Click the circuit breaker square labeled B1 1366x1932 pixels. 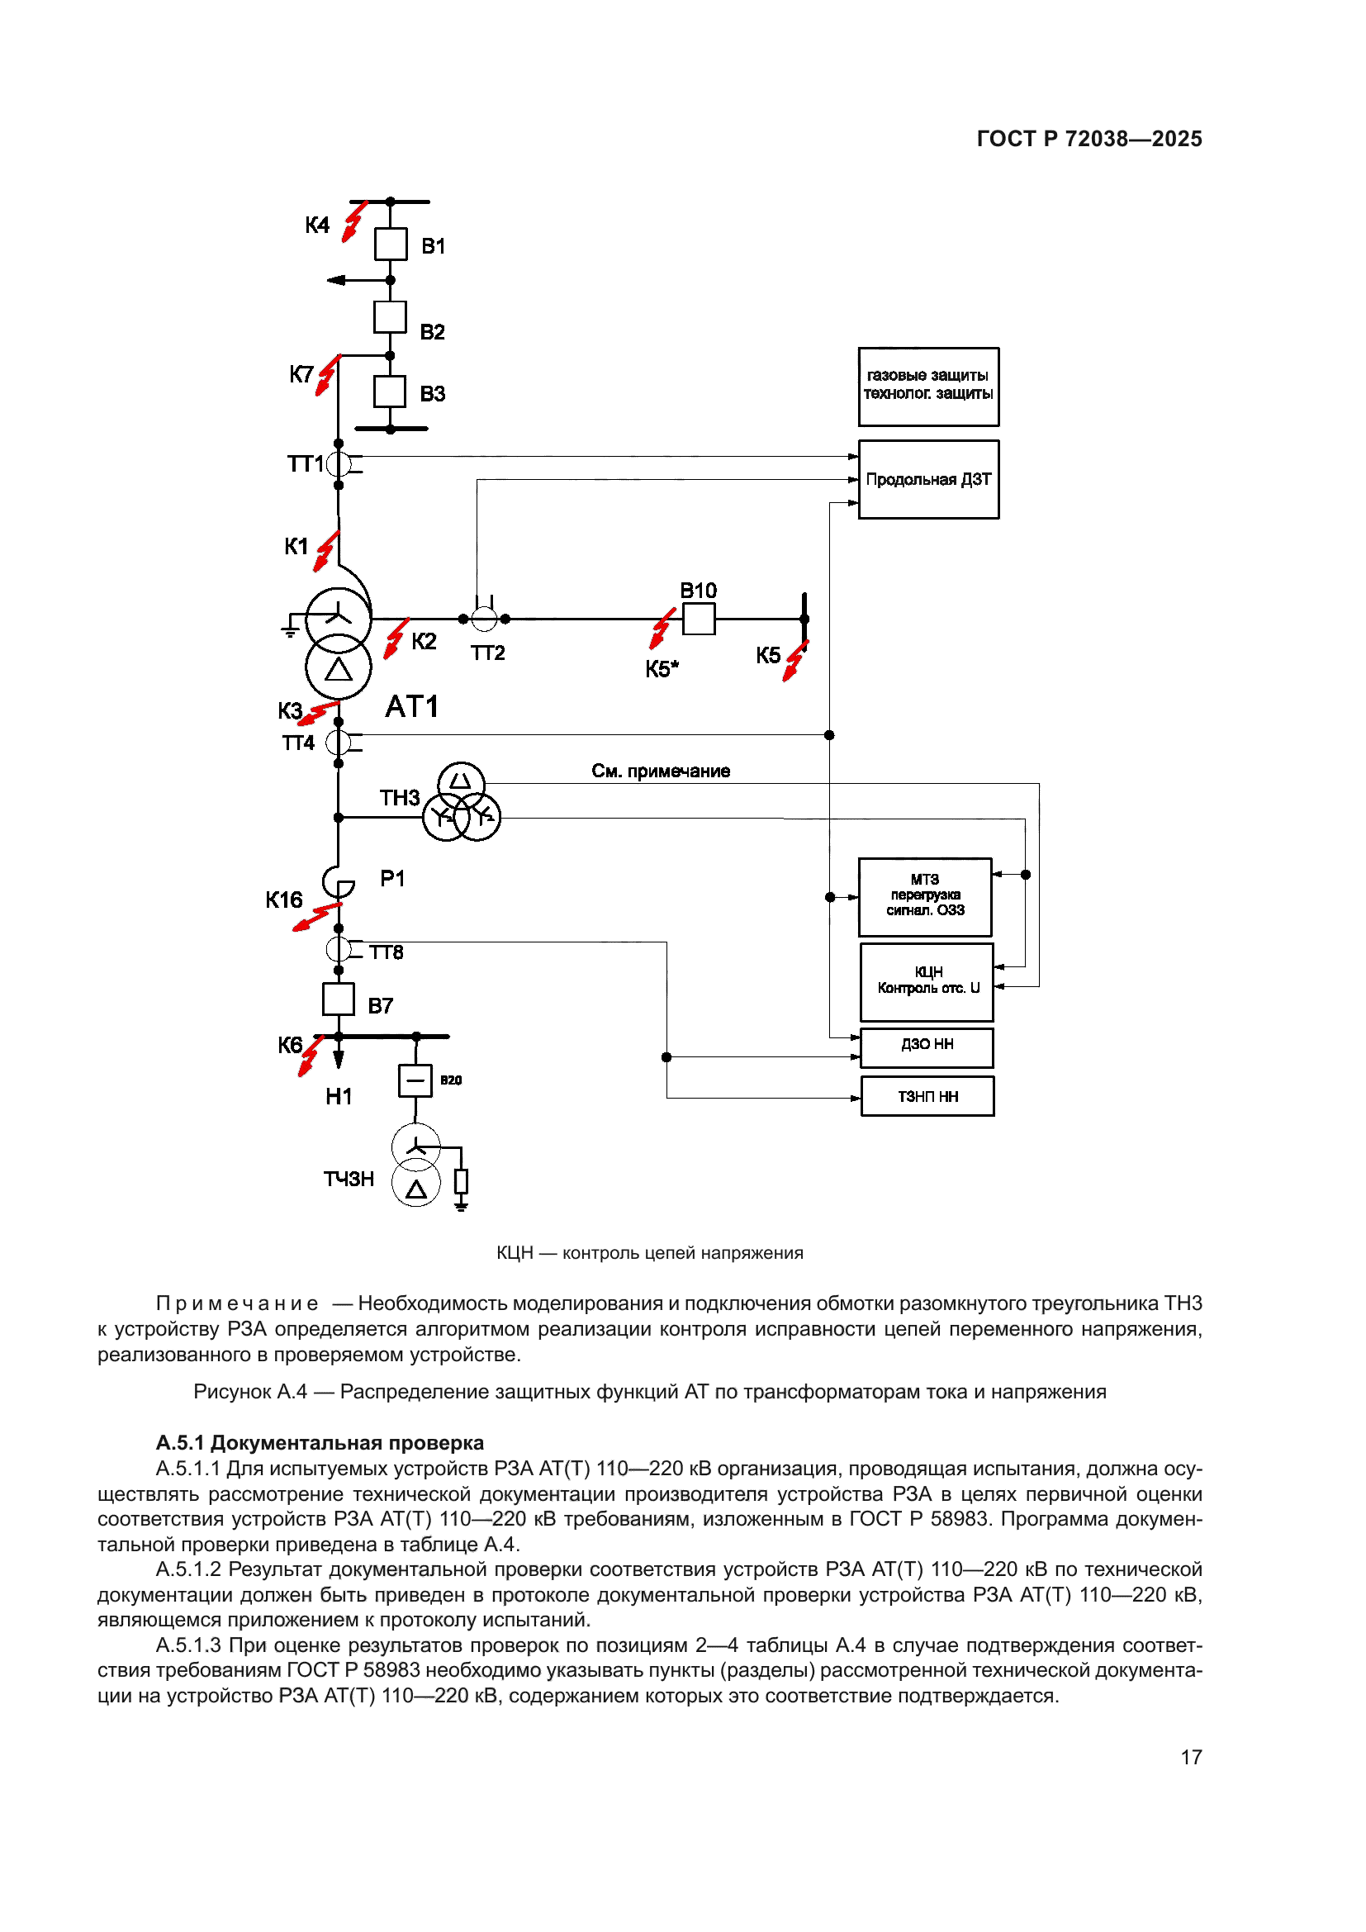pyautogui.click(x=391, y=244)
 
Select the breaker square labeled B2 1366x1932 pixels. pyautogui.click(x=390, y=317)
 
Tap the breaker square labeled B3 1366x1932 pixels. pyautogui.click(x=390, y=392)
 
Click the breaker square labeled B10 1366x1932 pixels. pyautogui.click(x=698, y=619)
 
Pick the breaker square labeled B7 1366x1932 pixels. pyautogui.click(x=338, y=999)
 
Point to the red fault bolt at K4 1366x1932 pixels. pyautogui.click(x=354, y=221)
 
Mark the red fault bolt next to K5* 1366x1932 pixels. pyautogui.click(x=662, y=629)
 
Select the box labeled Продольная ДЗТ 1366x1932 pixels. pyautogui.click(x=927, y=480)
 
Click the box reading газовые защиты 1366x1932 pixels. pyautogui.click(x=927, y=387)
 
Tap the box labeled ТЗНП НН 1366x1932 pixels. pyautogui.click(x=927, y=1095)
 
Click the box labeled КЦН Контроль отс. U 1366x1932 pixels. pyautogui.click(x=927, y=981)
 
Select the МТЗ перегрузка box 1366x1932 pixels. pyautogui.click(x=924, y=897)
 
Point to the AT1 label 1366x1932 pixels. pyautogui.click(x=412, y=707)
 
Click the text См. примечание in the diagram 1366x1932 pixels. pyautogui.click(x=661, y=771)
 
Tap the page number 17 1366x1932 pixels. pyautogui.click(x=1191, y=1757)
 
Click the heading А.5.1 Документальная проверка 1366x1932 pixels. pyautogui.click(x=320, y=1443)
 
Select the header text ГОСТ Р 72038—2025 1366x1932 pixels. pyautogui.click(x=1089, y=139)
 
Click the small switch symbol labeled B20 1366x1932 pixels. pyautogui.click(x=415, y=1080)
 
